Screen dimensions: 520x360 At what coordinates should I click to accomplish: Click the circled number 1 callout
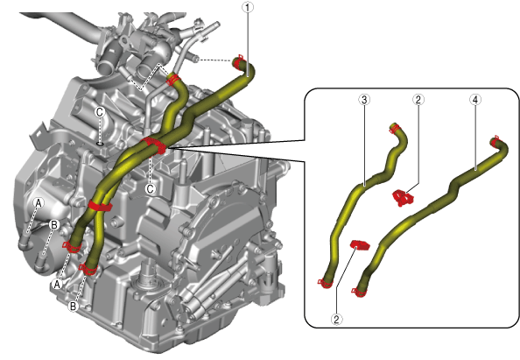(x=248, y=7)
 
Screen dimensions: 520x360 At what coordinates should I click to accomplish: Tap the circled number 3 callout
(x=364, y=100)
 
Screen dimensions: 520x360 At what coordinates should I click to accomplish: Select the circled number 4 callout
(x=475, y=100)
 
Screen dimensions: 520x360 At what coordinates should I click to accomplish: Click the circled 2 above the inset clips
(x=418, y=100)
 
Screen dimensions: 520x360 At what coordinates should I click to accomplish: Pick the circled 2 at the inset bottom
(x=337, y=320)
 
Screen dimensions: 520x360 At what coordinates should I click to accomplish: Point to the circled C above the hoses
(x=100, y=112)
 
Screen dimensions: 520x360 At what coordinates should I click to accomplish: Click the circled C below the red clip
(x=151, y=189)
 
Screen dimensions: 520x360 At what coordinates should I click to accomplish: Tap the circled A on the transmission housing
(x=39, y=202)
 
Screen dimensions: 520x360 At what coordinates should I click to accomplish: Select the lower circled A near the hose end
(x=58, y=284)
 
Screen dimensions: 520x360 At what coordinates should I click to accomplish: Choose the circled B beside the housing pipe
(x=53, y=225)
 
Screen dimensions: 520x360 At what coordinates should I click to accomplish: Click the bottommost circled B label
(x=73, y=306)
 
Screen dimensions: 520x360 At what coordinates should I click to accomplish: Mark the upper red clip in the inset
(x=403, y=198)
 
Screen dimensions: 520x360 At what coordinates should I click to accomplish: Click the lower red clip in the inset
(x=360, y=244)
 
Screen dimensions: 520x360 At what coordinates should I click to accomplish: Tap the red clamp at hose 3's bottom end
(x=325, y=284)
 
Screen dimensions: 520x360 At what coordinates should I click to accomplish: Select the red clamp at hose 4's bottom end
(x=359, y=292)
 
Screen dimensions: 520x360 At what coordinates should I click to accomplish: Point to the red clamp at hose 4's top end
(x=495, y=141)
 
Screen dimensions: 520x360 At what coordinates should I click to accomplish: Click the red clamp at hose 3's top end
(x=395, y=129)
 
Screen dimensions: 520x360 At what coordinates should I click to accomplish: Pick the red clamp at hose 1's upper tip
(x=237, y=62)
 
